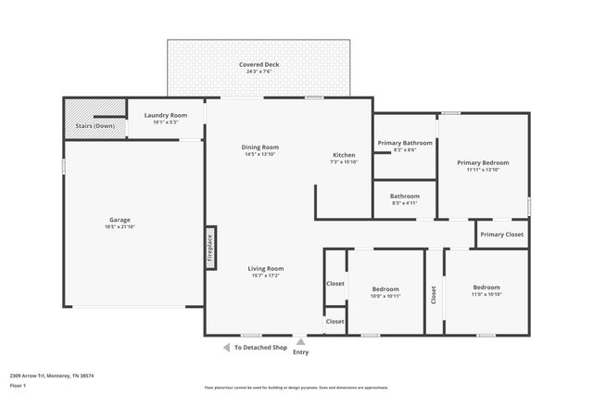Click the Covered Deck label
click(x=259, y=65)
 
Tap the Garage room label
click(x=120, y=220)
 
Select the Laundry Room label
click(x=166, y=115)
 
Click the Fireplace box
click(x=210, y=249)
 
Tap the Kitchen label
click(x=344, y=154)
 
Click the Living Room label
click(x=265, y=268)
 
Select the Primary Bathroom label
click(x=405, y=143)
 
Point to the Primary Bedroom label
click(x=483, y=162)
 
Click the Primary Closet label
click(x=502, y=235)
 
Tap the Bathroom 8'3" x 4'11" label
click(x=404, y=197)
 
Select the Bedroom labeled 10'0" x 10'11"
click(x=385, y=288)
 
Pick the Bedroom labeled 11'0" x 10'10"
click(x=486, y=287)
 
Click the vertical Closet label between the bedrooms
click(x=433, y=295)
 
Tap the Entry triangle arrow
click(x=300, y=342)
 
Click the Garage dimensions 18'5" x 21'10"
click(x=120, y=227)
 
